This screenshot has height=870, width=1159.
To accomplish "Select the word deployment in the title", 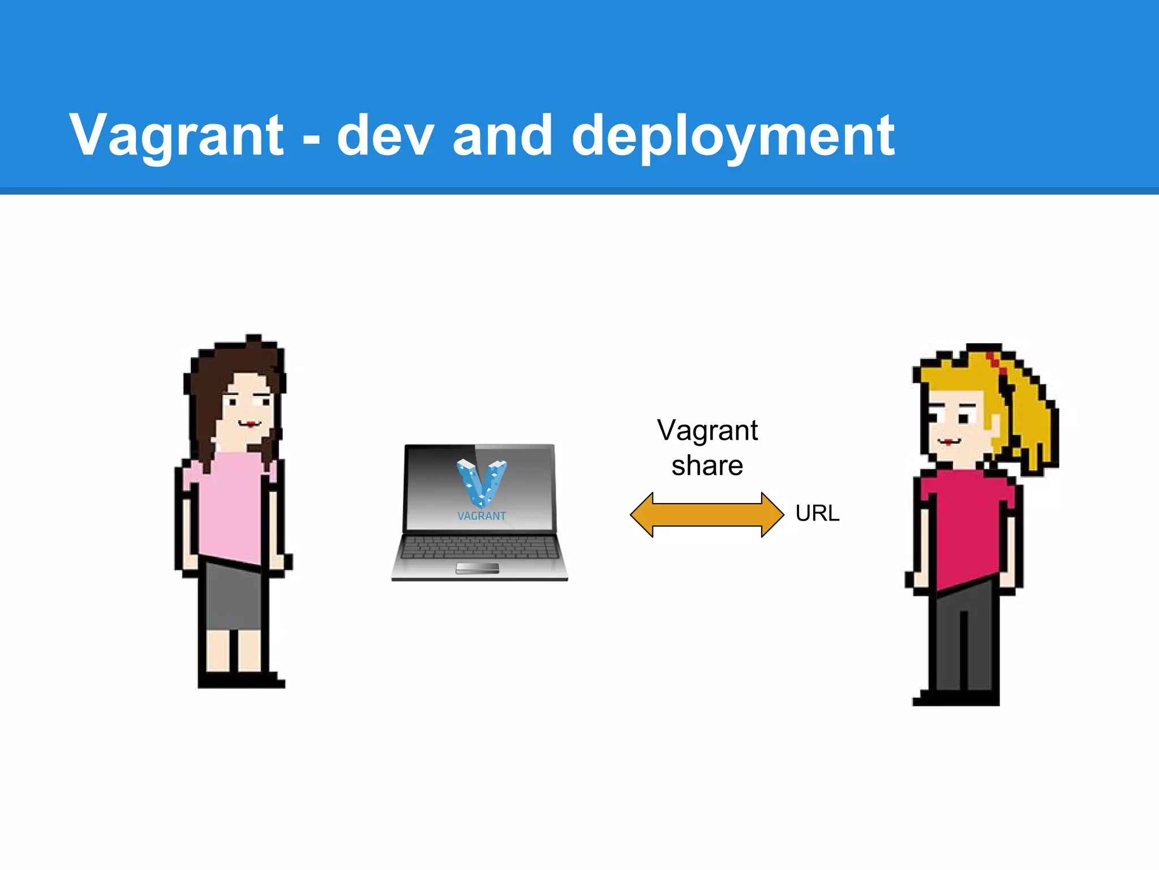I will [x=733, y=136].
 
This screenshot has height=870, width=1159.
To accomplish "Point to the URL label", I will [x=817, y=513].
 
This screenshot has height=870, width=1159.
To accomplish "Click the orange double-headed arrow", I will [x=707, y=514].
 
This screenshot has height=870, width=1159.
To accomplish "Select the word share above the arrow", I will [x=707, y=466].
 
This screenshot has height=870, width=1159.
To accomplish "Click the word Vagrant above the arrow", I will [x=707, y=430].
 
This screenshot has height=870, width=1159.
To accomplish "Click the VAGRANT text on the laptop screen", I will [x=482, y=516].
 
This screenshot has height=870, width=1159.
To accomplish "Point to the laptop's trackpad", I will [x=478, y=568].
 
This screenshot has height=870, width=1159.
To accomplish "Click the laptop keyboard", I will [x=479, y=547].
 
